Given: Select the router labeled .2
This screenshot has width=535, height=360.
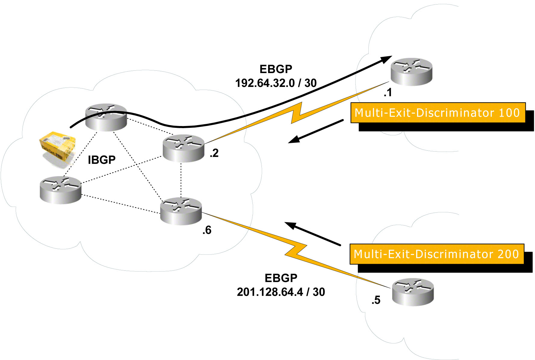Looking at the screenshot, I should [183, 148].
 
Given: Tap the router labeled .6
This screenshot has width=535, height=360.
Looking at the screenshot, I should [181, 211].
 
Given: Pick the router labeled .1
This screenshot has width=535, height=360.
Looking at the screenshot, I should [411, 72].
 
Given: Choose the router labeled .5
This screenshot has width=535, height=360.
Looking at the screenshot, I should [413, 292].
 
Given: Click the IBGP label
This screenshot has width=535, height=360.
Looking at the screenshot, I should [102, 160].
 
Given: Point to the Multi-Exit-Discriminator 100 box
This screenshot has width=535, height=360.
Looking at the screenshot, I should [438, 113].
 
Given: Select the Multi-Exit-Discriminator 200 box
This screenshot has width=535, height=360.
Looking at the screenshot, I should [437, 254].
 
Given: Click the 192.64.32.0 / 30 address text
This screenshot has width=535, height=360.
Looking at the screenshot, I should [276, 83].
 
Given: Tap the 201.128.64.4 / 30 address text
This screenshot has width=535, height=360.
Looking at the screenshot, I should [281, 292].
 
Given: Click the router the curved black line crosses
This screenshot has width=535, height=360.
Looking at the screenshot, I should [106, 117].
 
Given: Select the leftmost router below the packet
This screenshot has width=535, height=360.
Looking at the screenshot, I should [60, 190].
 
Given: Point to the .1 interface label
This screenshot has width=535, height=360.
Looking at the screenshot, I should [388, 92].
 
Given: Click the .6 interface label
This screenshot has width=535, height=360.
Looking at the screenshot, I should [207, 230].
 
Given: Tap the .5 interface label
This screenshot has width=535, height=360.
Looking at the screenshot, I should [376, 300].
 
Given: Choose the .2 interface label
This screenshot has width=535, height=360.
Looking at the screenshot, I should [214, 153].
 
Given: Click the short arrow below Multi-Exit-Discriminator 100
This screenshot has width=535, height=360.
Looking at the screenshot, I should [316, 131].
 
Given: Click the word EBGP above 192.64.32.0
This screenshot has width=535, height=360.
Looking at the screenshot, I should [276, 69].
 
